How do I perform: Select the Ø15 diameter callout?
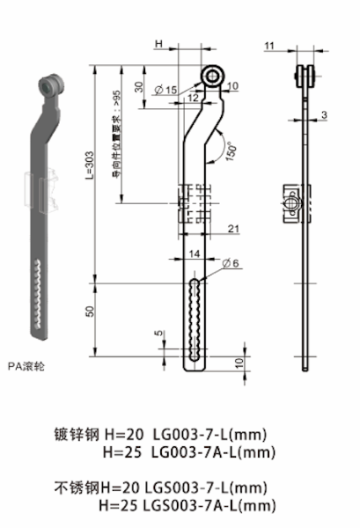coord(165,90)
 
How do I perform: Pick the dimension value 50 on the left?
coord(91,313)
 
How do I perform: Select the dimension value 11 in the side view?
coord(268,44)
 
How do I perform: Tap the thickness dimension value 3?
coord(324,115)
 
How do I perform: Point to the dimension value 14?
coord(195,253)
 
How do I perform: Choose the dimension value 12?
coord(193,98)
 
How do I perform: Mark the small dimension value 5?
coord(158,334)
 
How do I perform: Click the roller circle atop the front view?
coord(211,78)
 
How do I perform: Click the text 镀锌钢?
coord(77,434)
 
